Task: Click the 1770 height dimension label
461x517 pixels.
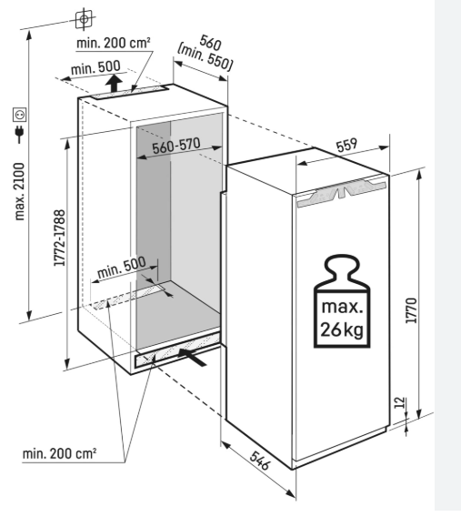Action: click(411, 310)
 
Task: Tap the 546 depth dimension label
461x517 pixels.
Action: click(260, 461)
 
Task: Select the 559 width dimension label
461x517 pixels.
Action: click(346, 145)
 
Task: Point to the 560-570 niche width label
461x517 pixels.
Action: click(176, 146)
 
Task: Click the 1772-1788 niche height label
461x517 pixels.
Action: click(60, 238)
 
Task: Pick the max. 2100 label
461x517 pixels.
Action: click(20, 191)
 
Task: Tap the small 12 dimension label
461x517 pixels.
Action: click(399, 402)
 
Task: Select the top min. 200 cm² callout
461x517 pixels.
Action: click(114, 43)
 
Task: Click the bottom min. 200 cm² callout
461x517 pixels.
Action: click(59, 453)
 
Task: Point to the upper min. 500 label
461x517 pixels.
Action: click(95, 67)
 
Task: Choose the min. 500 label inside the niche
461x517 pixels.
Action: click(122, 267)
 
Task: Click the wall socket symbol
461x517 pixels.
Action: click(20, 115)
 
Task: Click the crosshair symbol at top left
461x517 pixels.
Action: click(84, 19)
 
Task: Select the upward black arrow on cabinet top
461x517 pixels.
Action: click(114, 83)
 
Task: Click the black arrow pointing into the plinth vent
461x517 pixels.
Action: click(192, 357)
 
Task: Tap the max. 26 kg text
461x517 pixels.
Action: click(342, 319)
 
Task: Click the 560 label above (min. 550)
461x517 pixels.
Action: click(210, 42)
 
